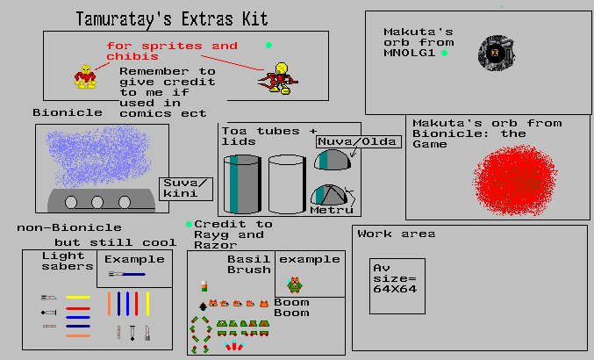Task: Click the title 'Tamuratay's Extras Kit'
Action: (x=172, y=18)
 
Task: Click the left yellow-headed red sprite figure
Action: (x=84, y=76)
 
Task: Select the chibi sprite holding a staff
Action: (x=277, y=77)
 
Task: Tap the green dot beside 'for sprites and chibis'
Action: (x=268, y=46)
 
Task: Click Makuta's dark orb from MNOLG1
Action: (x=494, y=54)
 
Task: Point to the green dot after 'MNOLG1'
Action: (x=445, y=54)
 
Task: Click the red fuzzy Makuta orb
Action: (x=517, y=182)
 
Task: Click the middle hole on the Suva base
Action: (x=97, y=201)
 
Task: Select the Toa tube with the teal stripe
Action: (x=241, y=184)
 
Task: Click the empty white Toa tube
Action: (x=286, y=184)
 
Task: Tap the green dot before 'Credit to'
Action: (x=189, y=224)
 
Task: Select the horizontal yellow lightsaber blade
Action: (x=78, y=297)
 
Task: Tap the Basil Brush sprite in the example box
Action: (x=295, y=284)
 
